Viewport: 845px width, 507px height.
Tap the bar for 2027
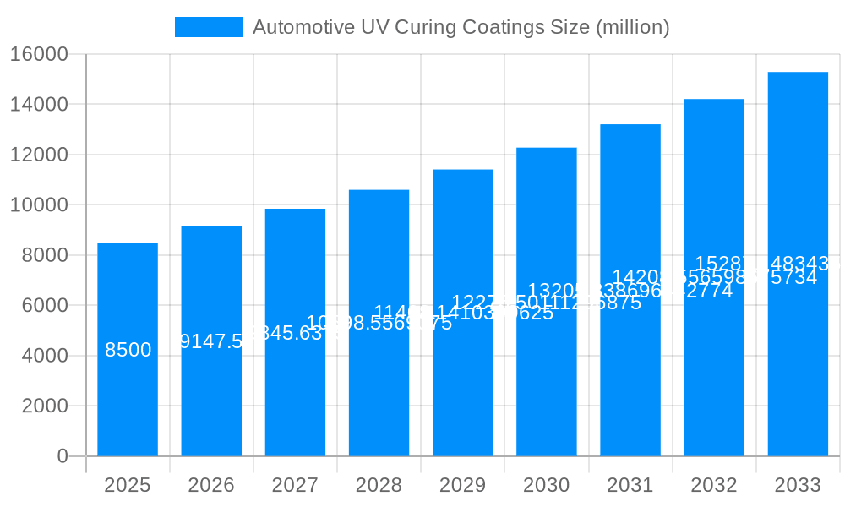coord(295,389)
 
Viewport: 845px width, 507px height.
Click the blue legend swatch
coord(208,27)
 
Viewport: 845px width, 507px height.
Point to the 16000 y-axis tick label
coord(39,54)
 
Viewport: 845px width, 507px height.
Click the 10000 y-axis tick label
coord(39,205)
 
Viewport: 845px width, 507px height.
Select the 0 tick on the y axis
coord(63,456)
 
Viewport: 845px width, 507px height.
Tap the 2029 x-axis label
coord(462,485)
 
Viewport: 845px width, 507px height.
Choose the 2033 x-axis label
coord(798,485)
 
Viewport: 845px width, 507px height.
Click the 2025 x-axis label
coord(128,485)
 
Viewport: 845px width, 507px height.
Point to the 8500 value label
coord(128,350)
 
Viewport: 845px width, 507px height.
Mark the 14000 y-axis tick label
coord(39,105)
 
